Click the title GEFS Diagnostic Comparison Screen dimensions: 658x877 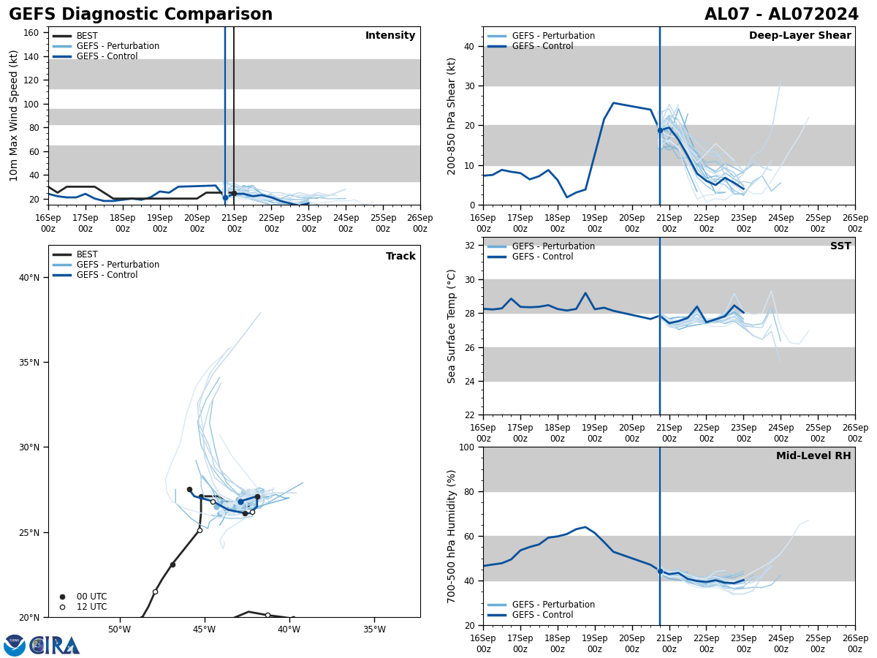point(140,15)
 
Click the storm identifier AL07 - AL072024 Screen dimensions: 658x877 point(781,15)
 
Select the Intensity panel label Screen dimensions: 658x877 point(390,36)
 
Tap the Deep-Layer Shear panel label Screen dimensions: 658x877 point(800,36)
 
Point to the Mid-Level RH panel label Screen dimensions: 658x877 point(813,456)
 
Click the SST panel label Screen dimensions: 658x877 point(840,246)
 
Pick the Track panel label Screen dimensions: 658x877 point(400,257)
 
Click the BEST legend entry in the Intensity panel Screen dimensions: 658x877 point(87,36)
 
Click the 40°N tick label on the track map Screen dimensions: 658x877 point(29,277)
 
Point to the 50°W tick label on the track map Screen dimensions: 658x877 point(119,629)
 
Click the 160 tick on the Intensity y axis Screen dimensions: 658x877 point(31,33)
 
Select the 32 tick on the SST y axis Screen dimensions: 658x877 point(470,246)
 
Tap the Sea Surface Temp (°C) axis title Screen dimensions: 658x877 point(452,326)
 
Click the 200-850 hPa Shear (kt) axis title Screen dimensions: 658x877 point(452,116)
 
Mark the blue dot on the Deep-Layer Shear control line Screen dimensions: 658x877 point(660,130)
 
